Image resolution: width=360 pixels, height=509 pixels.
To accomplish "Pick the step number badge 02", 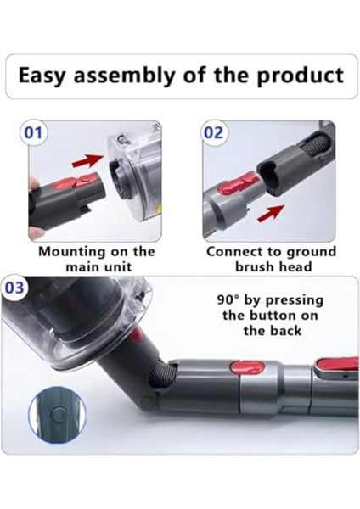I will pyautogui.click(x=212, y=133).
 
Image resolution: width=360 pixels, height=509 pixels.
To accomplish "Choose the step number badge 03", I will pyautogui.click(x=15, y=288).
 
